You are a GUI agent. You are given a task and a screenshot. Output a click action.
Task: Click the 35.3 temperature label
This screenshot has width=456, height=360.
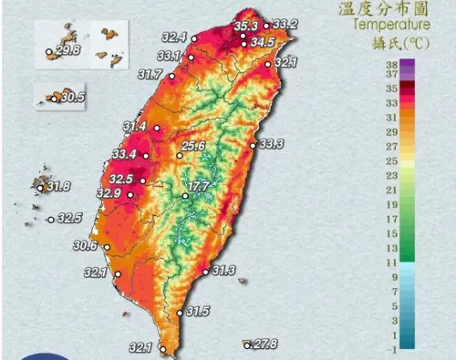245,26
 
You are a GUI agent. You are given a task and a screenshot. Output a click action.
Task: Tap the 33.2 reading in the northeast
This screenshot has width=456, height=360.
285,24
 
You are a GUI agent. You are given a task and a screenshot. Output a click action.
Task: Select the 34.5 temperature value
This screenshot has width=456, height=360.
263,42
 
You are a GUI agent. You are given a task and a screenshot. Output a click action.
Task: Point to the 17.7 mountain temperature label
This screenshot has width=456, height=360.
199,188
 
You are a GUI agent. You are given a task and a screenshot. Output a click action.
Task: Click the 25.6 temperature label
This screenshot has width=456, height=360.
193,146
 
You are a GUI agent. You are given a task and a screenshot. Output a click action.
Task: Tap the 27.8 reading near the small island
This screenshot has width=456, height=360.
265,345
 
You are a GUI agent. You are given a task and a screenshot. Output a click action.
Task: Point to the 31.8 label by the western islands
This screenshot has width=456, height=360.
58,187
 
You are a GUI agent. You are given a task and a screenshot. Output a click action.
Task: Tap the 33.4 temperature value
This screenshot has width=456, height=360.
124,154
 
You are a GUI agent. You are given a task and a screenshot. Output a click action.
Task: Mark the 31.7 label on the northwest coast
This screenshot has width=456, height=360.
150,73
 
